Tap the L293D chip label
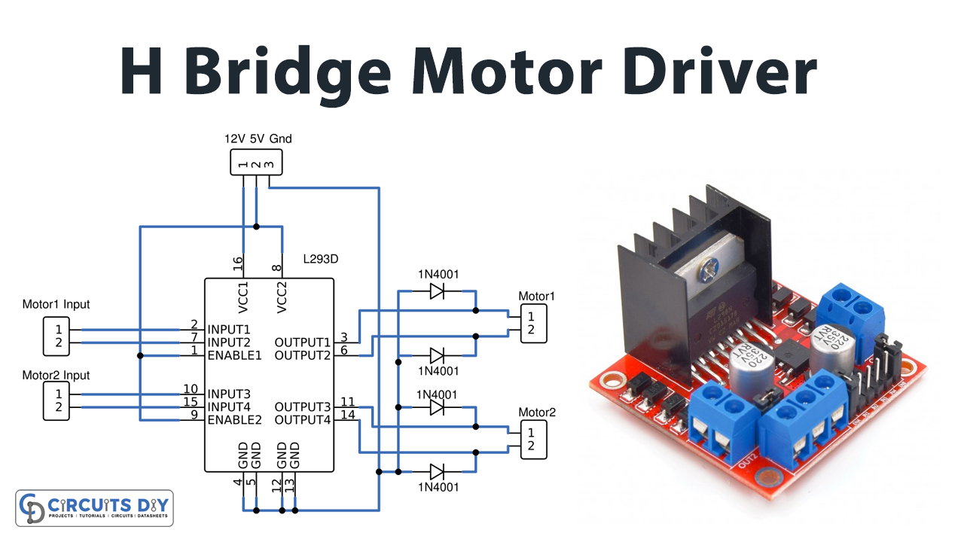point(320,259)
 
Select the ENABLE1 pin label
point(234,355)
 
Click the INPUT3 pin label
point(229,394)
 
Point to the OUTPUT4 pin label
point(303,419)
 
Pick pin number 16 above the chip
point(238,263)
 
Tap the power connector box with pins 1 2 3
point(256,163)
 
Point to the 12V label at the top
point(234,139)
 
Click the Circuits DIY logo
point(95,508)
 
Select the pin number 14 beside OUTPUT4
point(347,415)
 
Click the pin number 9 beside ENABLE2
point(194,415)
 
